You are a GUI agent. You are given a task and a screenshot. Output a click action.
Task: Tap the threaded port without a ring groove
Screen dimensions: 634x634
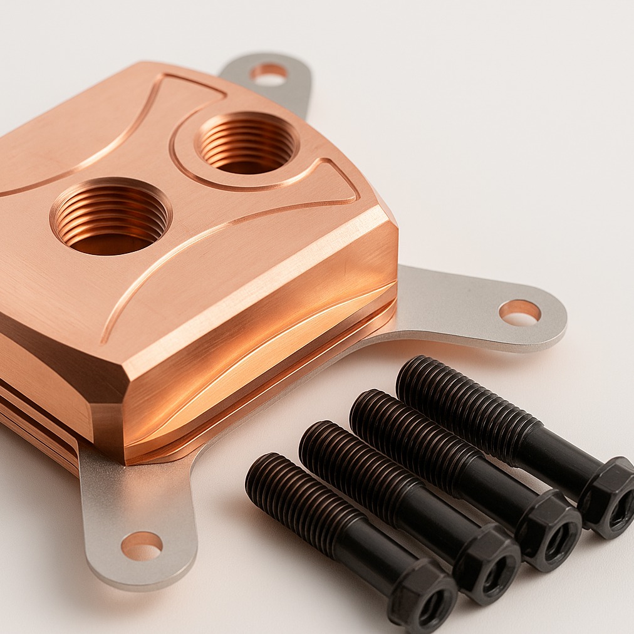point(111,216)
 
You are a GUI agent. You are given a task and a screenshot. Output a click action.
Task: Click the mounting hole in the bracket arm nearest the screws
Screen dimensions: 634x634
point(519,311)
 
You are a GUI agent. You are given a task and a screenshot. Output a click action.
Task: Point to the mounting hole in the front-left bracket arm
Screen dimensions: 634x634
point(142,545)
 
